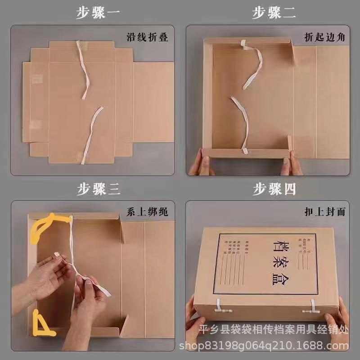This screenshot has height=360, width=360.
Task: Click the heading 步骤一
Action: (x=98, y=13)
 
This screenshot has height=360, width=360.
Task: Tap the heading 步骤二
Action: (x=274, y=13)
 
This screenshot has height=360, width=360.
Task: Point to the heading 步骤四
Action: (x=274, y=189)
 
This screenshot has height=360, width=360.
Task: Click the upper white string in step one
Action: (x=84, y=70)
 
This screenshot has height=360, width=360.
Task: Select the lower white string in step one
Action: (x=91, y=133)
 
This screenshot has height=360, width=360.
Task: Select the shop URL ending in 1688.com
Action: (x=264, y=346)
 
